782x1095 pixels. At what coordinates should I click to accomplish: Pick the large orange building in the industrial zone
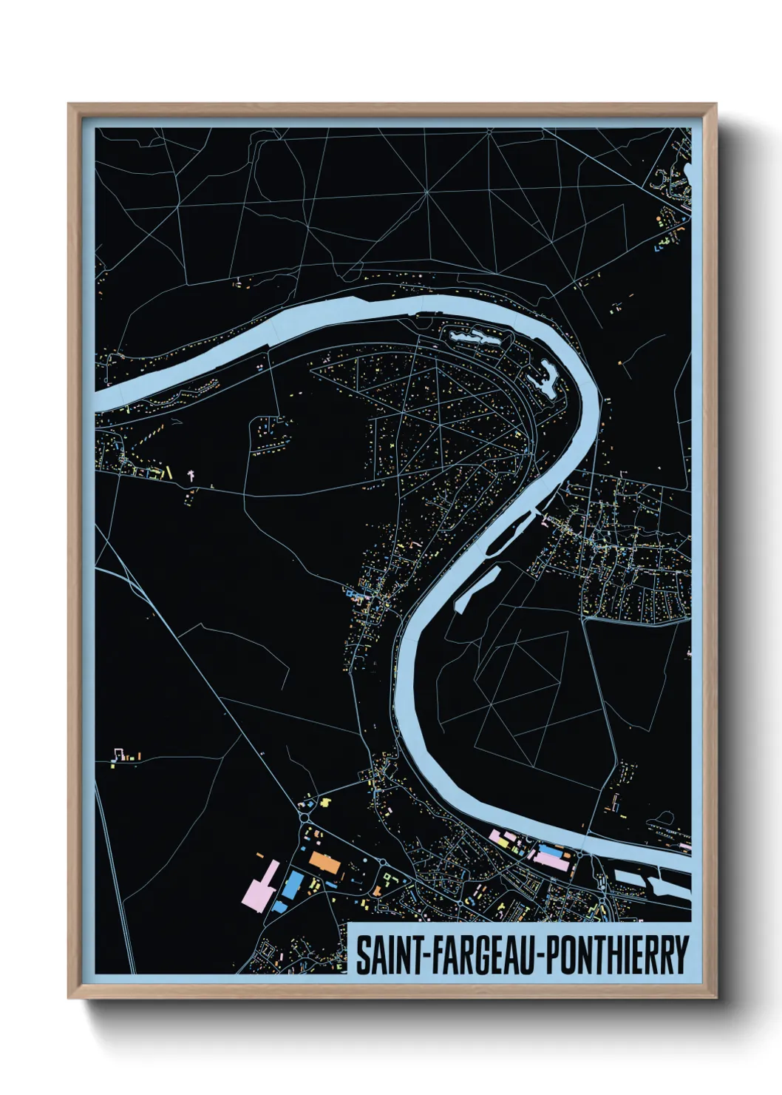point(323,862)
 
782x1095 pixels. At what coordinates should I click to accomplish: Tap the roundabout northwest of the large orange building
point(304,818)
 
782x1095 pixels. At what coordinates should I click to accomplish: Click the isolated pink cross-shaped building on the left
point(191,474)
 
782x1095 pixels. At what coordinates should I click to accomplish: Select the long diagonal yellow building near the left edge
point(169,471)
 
